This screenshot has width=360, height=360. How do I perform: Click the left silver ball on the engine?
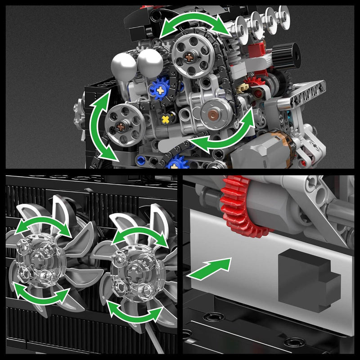point(124,65)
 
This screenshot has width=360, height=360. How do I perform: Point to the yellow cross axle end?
point(166,119)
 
